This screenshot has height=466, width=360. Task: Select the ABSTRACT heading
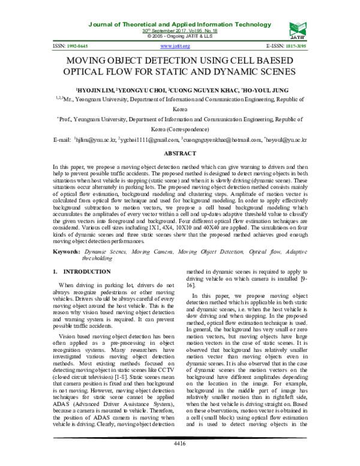click(x=180, y=154)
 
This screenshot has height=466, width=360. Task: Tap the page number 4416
click(x=180, y=443)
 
